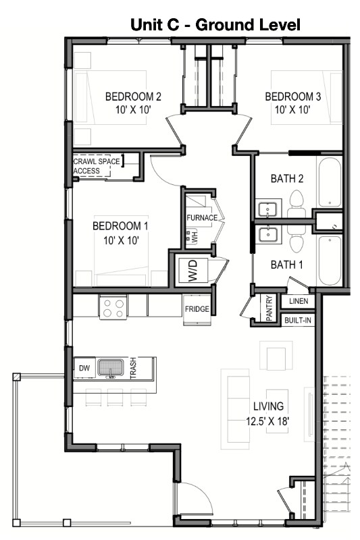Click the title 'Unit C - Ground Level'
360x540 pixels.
[x=215, y=25]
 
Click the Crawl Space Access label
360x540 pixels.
[x=97, y=166]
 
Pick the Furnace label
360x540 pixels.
[x=202, y=217]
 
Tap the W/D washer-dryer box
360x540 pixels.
[x=193, y=271]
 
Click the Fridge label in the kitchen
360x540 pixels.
[x=197, y=309]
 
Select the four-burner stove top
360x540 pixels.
[x=113, y=308]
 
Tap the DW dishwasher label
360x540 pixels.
[x=84, y=368]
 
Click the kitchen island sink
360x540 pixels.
[x=111, y=368]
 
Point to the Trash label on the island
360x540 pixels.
[x=133, y=368]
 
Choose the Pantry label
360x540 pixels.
[x=269, y=308]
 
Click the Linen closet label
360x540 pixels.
[x=299, y=301]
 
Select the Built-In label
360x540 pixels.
[x=298, y=320]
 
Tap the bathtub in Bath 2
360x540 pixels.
[x=330, y=182]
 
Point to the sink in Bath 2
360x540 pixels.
[x=267, y=209]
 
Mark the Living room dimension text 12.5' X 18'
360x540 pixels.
[x=267, y=421]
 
